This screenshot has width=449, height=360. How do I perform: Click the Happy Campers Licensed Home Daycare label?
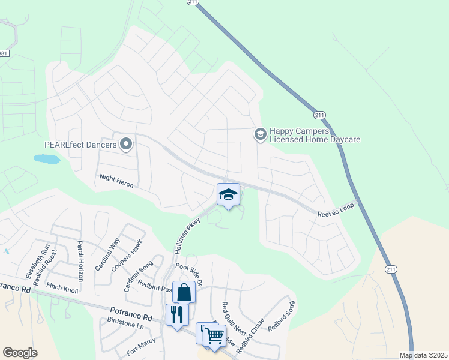(315, 135)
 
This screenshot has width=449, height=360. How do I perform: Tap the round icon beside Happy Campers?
(261, 134)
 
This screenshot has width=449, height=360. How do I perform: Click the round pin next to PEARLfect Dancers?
(126, 143)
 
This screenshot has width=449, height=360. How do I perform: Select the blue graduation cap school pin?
(228, 194)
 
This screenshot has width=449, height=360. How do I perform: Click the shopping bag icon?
(184, 293)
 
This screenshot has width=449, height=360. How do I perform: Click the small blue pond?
(47, 160)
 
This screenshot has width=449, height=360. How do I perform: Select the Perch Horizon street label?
(80, 257)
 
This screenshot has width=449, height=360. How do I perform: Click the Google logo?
(20, 353)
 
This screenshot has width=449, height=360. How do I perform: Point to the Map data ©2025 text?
(423, 355)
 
